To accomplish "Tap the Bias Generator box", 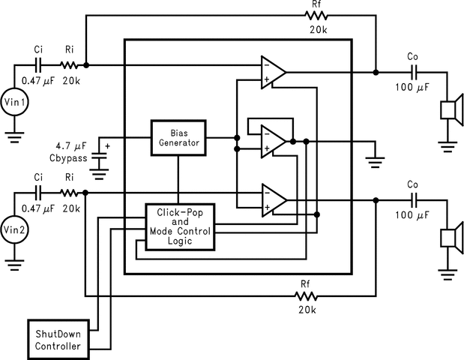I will coord(178,136).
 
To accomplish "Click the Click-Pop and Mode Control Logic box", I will coord(178,226).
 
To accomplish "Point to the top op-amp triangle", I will coord(272,72).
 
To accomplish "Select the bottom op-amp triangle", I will coord(272,200).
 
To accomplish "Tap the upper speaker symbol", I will coord(450,111).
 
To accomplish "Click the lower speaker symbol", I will coord(450,238).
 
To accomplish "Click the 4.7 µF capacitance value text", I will coord(72,145).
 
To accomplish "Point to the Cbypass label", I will coord(70,159).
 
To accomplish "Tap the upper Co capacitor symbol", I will coord(413,73).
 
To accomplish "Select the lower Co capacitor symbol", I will coord(413,200).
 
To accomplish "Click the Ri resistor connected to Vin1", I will coord(68,65).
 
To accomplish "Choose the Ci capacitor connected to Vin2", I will coord(38,193).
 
